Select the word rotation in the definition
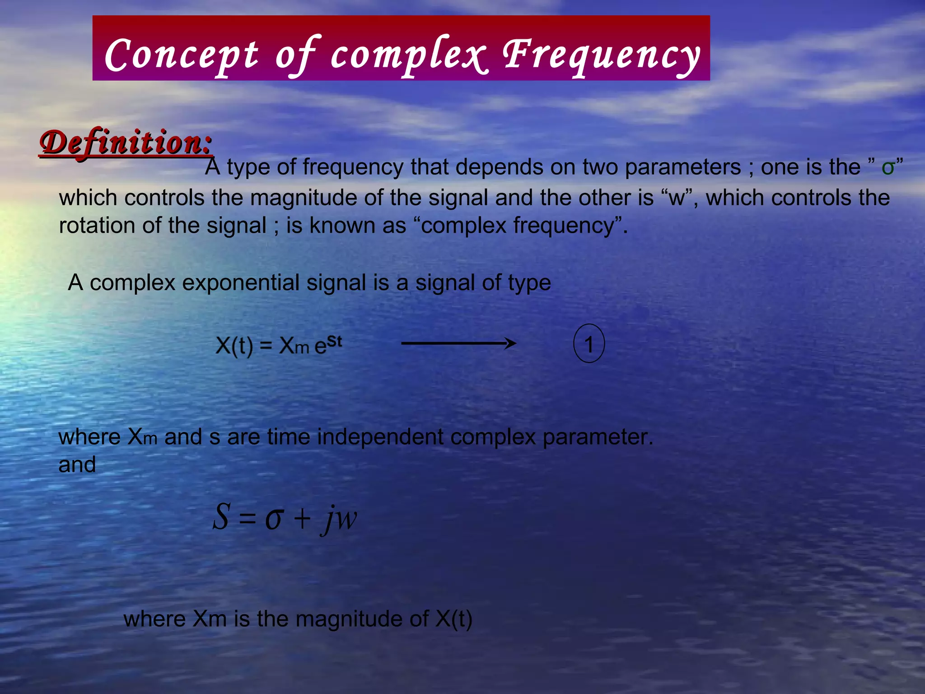pos(97,225)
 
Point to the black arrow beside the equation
pos(458,344)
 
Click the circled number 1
pos(589,344)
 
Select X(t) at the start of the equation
pos(234,347)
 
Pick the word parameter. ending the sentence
pos(598,437)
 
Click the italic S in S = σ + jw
pos(221,517)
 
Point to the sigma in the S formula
pos(274,519)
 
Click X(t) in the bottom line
pos(454,619)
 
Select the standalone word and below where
pos(77,464)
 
